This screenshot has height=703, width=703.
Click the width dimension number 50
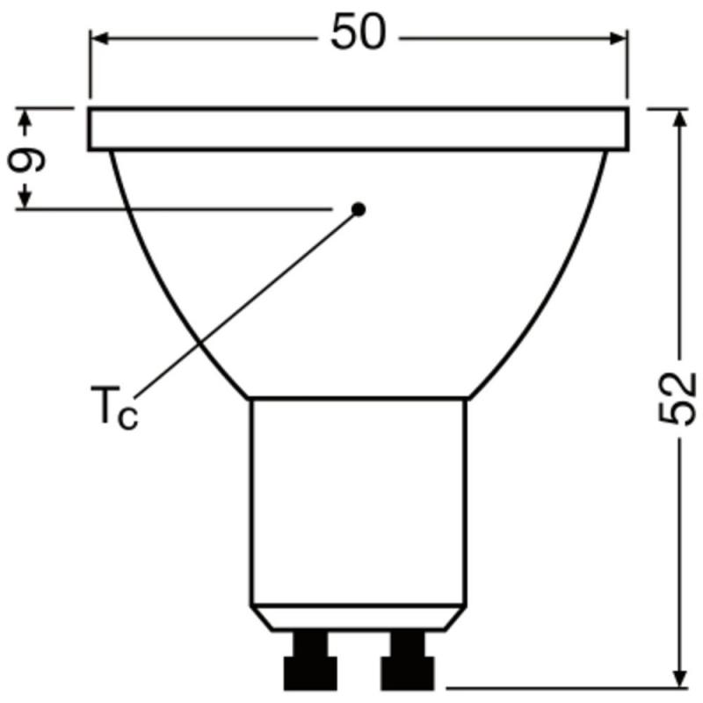point(359,34)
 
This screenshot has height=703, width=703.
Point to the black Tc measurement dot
point(358,208)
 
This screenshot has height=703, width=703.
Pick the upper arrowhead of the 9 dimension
point(25,117)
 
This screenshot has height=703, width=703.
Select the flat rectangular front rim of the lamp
point(359,129)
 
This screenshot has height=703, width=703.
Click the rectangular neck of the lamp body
point(358,501)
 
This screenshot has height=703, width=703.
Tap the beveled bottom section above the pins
point(358,617)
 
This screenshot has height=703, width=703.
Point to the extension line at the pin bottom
point(562,688)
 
